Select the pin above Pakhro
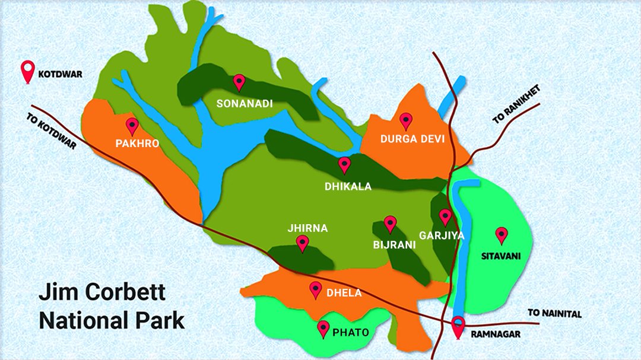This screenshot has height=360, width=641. (132, 126)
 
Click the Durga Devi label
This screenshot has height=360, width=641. (412, 139)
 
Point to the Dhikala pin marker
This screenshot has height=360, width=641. (344, 164)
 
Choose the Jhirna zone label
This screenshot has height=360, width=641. (307, 228)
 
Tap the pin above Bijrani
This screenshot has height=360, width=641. (390, 224)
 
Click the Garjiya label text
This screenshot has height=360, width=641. (441, 235)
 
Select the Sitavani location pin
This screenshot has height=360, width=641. (502, 235)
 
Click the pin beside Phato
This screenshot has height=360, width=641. (323, 329)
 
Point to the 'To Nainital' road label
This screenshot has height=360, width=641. (554, 314)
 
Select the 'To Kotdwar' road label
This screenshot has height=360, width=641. (52, 131)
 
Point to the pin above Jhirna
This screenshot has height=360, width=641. (303, 243)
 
